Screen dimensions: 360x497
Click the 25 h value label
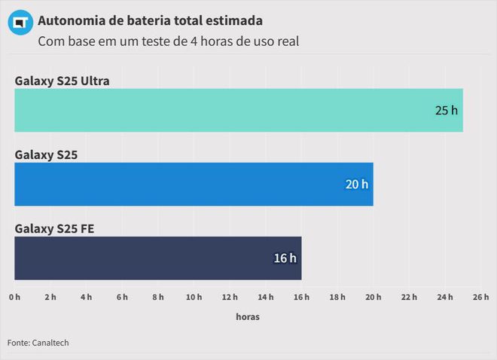tap(446, 110)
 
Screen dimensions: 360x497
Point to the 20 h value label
tap(357, 185)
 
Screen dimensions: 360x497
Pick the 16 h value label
tap(285, 258)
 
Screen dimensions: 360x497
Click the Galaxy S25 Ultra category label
tap(63, 81)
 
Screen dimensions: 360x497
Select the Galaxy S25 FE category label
tap(54, 228)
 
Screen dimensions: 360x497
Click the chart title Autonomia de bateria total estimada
tap(151, 18)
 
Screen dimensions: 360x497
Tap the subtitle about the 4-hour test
tap(169, 41)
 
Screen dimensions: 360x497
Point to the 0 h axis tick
tap(15, 297)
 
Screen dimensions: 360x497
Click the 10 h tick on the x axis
tap(194, 297)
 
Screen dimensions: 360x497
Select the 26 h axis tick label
tap(480, 297)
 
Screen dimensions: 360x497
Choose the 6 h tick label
tap(122, 297)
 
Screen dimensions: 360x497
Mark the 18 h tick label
tap(337, 297)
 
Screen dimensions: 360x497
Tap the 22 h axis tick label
tap(409, 297)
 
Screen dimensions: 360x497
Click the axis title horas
tap(248, 317)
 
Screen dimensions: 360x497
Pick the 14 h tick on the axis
tap(266, 297)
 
